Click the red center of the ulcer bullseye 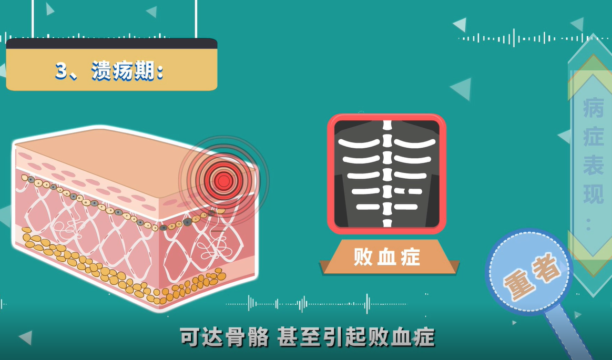pyautogui.click(x=224, y=181)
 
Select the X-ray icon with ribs pyautogui.click(x=386, y=174)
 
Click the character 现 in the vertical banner pyautogui.click(x=593, y=194)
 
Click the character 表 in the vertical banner pyautogui.click(x=593, y=166)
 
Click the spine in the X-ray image pyautogui.click(x=387, y=173)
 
